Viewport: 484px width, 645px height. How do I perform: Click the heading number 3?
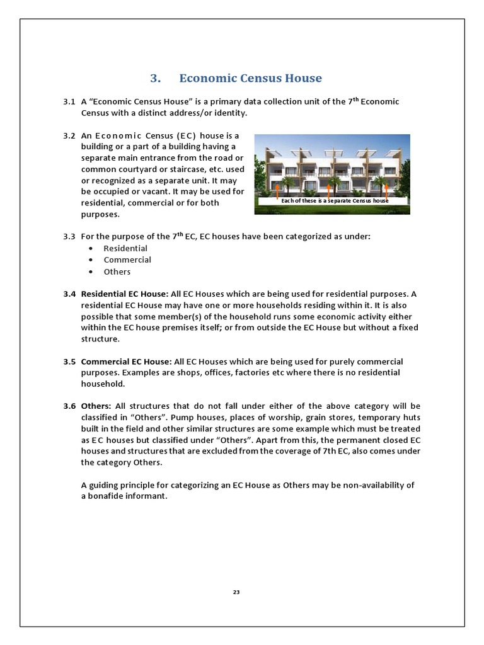[x=156, y=78]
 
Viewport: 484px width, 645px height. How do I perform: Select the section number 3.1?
[x=69, y=101]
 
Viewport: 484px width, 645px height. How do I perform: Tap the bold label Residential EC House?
[x=125, y=294]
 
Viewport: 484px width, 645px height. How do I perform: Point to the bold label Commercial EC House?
[x=126, y=362]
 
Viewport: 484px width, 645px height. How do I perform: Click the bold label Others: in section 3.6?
[x=96, y=406]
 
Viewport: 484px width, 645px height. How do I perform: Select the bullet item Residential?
[x=125, y=248]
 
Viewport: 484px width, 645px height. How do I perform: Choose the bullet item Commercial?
[x=127, y=260]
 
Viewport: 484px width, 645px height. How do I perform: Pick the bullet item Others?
[x=117, y=271]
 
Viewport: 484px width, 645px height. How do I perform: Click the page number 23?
[x=236, y=592]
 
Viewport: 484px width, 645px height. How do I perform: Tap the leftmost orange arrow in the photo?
[x=277, y=189]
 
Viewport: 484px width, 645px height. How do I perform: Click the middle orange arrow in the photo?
[x=331, y=189]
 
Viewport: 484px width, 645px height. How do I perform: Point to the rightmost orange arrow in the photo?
[x=386, y=189]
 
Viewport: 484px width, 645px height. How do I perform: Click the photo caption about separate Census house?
[x=335, y=201]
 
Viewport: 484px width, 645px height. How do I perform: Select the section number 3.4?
[x=69, y=294]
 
